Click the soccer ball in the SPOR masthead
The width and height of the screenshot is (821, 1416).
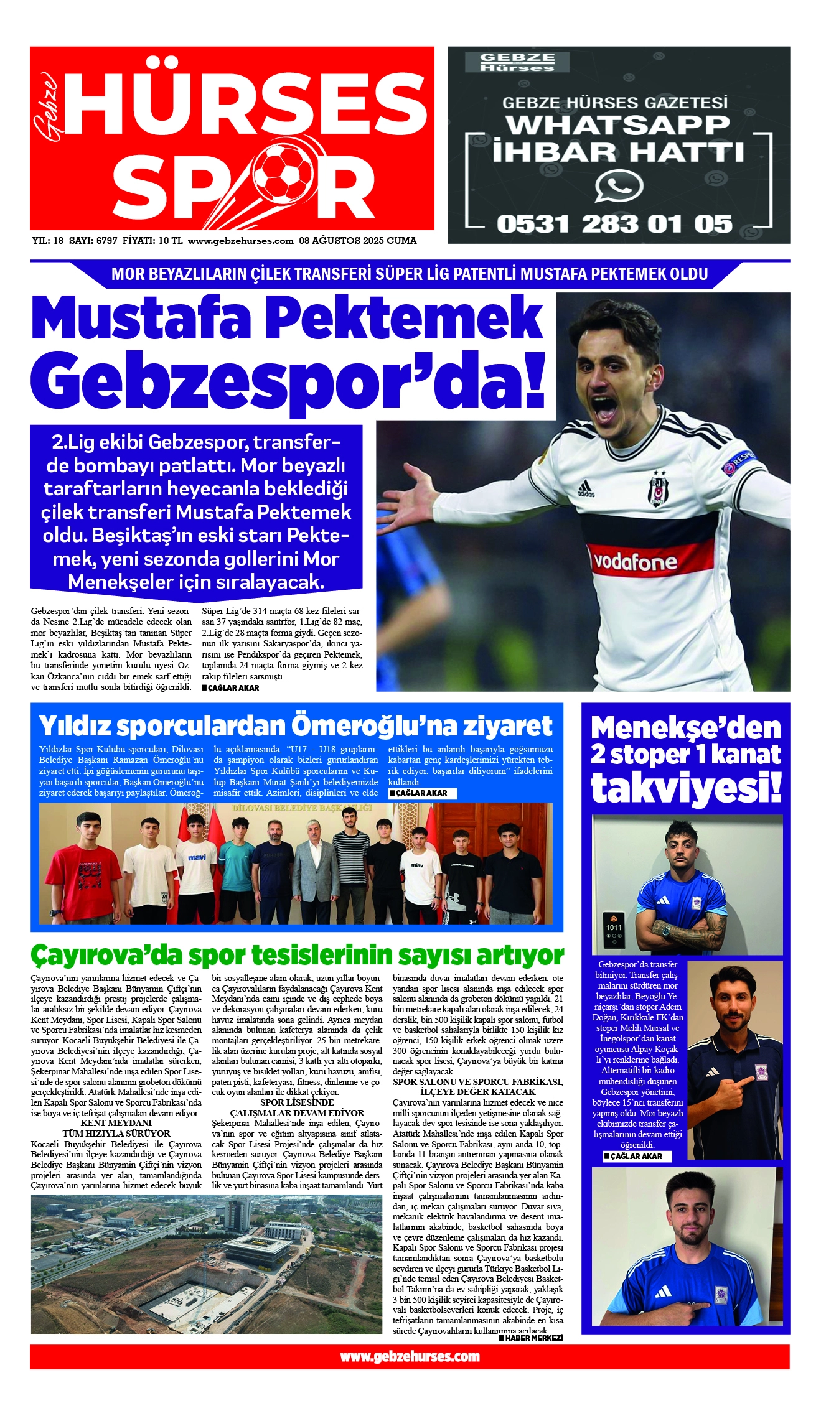pyautogui.click(x=287, y=174)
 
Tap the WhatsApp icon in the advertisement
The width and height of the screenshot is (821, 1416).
pyautogui.click(x=618, y=187)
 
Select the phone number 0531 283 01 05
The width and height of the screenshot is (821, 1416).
pyautogui.click(x=614, y=224)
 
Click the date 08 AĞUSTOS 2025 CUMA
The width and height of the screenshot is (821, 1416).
pyautogui.click(x=357, y=241)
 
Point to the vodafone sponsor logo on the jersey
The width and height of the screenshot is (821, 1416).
pyautogui.click(x=635, y=562)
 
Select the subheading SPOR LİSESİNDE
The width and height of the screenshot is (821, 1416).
pyautogui.click(x=297, y=1102)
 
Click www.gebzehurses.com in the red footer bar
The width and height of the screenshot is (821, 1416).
pyautogui.click(x=410, y=1357)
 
